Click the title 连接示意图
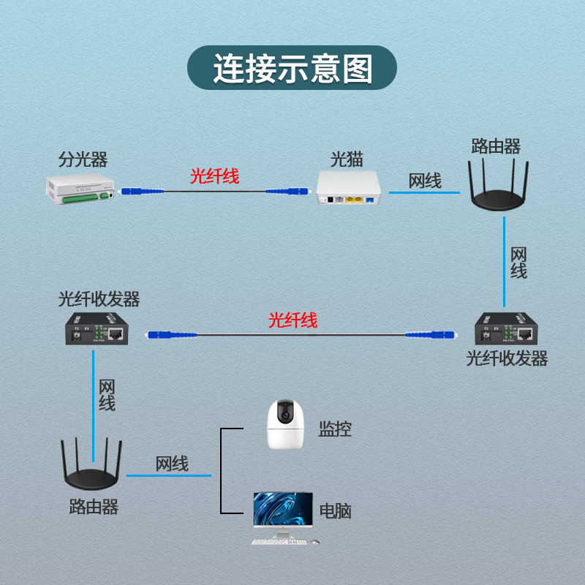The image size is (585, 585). pos(292,69)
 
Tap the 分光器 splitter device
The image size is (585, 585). pos(81,189)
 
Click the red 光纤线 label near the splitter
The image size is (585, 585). pos(214,175)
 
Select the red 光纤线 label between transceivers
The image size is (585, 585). pos(292,320)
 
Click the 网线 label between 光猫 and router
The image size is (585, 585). pos(425,181)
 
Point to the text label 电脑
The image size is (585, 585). pos(336,510)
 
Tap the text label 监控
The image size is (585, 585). pos(335,429)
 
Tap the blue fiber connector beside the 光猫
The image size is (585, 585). pos(279,192)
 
